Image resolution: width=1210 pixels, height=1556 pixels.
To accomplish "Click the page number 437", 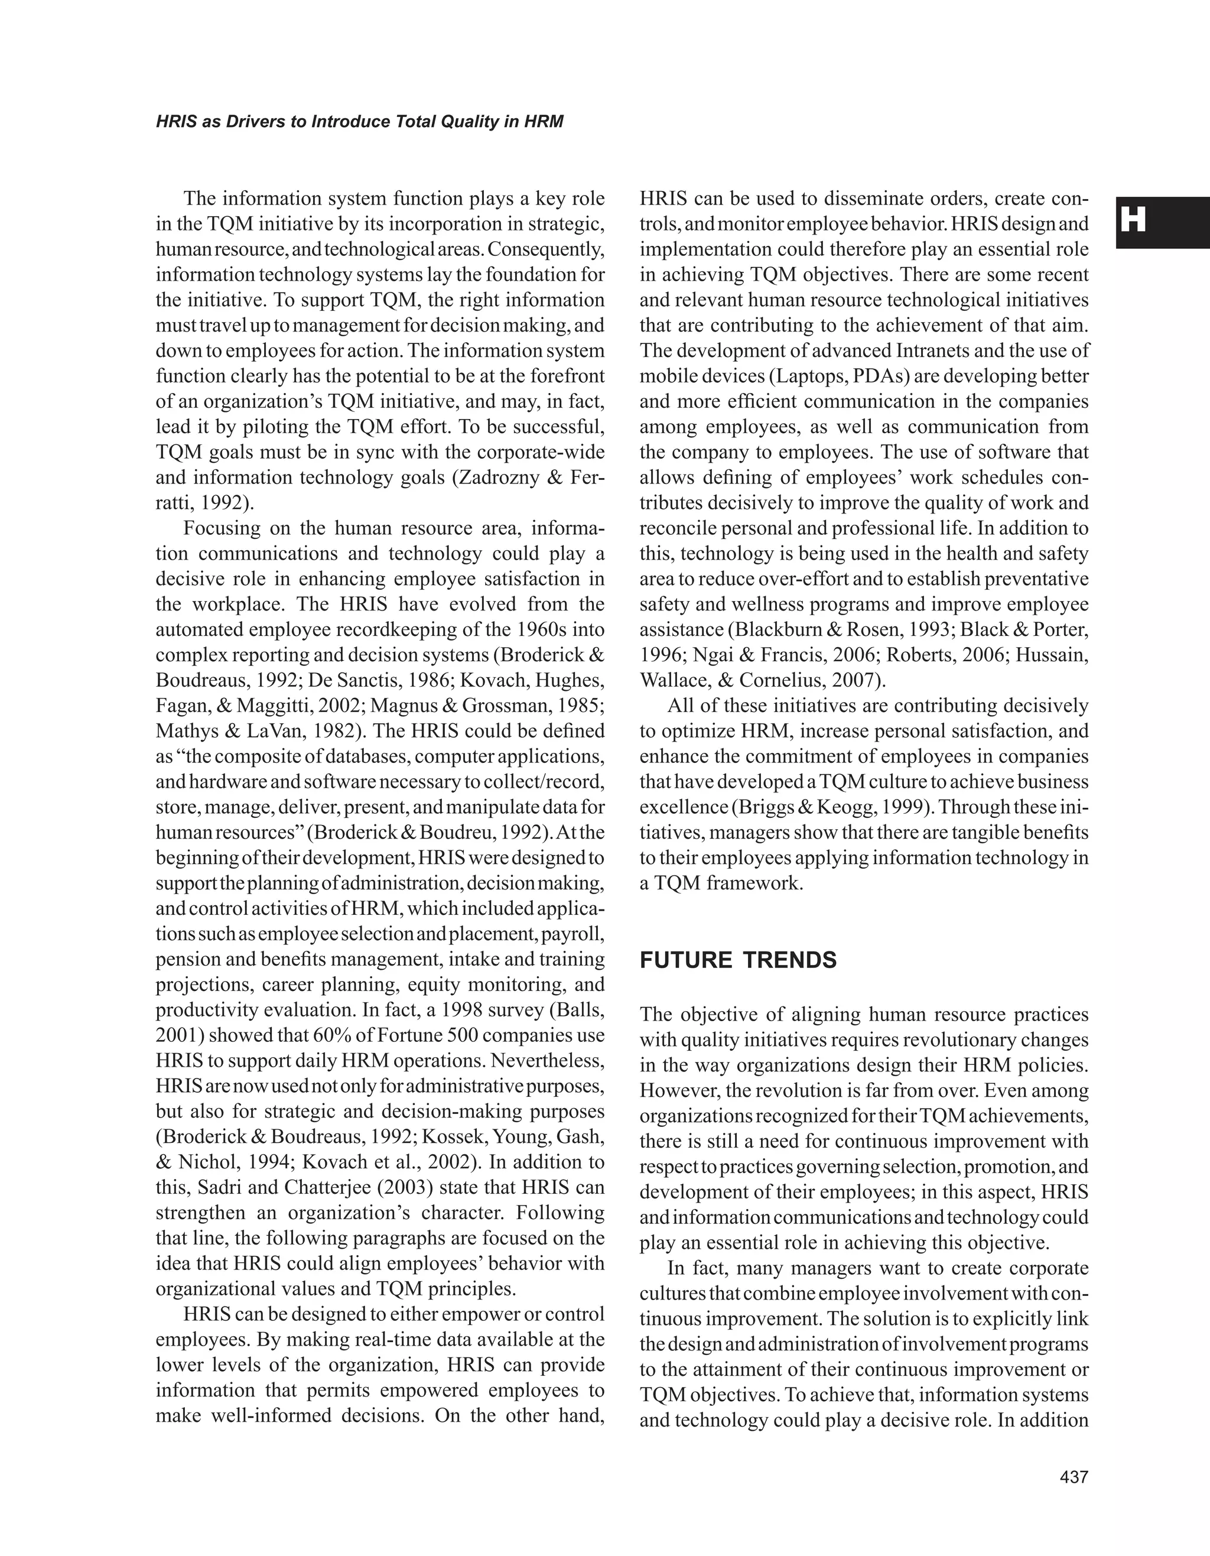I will [x=1074, y=1477].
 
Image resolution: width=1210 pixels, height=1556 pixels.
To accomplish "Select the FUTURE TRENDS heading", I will [x=738, y=960].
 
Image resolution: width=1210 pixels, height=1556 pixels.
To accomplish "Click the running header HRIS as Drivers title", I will [x=360, y=122].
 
